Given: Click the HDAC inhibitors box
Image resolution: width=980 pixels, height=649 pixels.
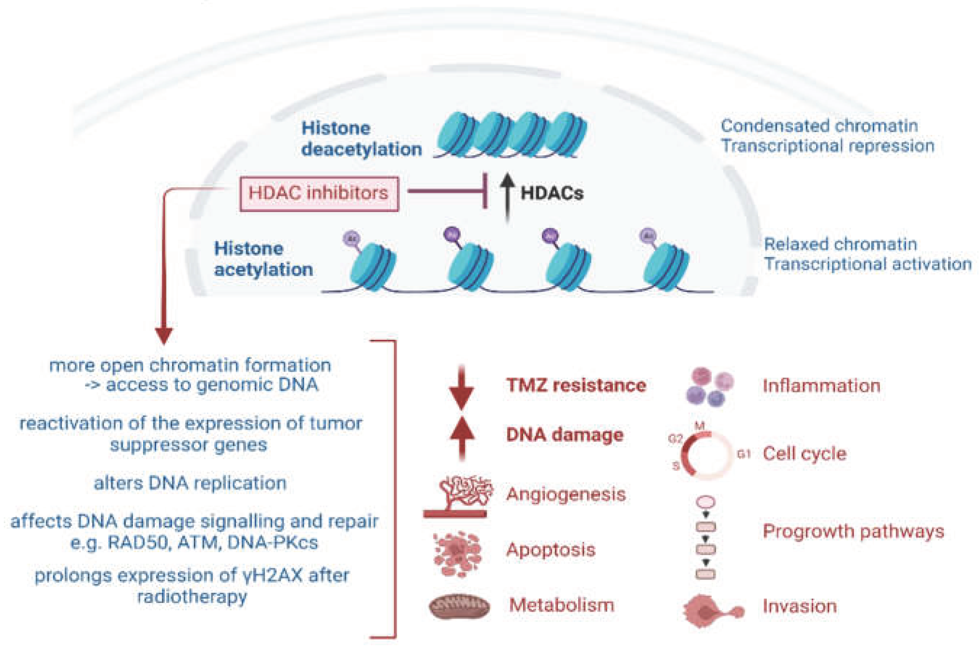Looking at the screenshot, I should (319, 194).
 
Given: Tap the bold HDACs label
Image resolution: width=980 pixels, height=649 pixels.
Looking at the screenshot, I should (552, 193).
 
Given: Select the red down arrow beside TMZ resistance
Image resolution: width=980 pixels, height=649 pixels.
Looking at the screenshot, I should (462, 388).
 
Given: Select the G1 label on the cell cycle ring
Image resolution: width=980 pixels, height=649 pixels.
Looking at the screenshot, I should (743, 454).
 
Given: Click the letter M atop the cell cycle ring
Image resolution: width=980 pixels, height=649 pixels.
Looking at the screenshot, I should (711, 426).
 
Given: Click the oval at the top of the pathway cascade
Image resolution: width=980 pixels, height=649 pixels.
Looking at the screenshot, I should (706, 502).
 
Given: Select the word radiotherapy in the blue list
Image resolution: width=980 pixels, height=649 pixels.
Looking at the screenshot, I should (192, 596).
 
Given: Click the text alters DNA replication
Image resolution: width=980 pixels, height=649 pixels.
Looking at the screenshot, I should (190, 483).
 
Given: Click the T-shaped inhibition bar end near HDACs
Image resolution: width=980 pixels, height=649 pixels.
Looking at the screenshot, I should (485, 191).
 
